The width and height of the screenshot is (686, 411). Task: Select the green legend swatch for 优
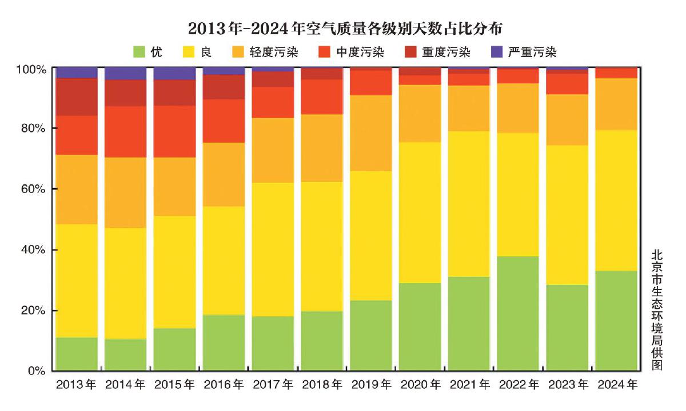[139, 52]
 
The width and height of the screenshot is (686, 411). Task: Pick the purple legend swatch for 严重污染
[497, 52]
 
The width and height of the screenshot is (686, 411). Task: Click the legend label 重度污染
[446, 53]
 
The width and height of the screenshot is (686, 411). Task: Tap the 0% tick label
[36, 372]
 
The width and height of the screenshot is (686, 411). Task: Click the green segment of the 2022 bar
[518, 313]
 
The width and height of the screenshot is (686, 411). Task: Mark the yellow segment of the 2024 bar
[616, 200]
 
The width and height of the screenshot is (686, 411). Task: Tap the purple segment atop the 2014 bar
[125, 73]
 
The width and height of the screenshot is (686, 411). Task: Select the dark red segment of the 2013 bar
[77, 97]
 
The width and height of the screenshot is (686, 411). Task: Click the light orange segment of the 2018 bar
[322, 148]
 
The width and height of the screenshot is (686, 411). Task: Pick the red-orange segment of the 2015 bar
[174, 131]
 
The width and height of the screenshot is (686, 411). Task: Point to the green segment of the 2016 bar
[224, 342]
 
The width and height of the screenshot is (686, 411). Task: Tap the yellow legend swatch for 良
[189, 52]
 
